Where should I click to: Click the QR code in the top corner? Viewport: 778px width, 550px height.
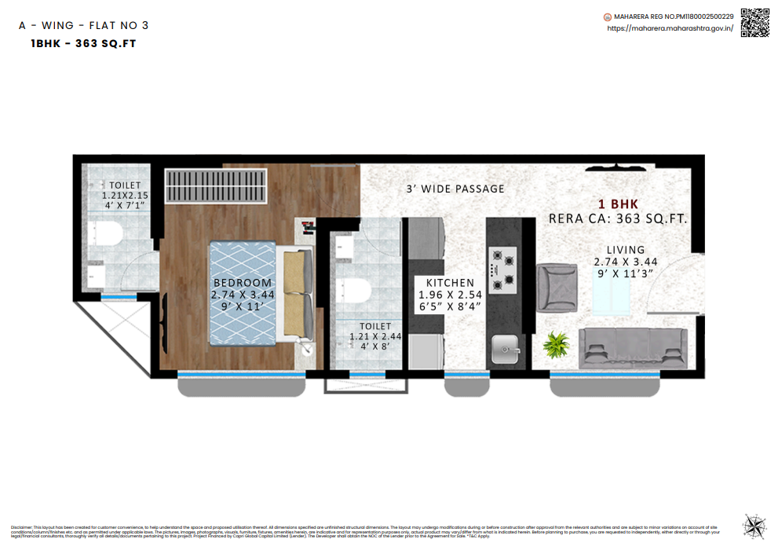[755, 22]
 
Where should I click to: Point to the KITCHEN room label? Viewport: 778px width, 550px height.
[450, 283]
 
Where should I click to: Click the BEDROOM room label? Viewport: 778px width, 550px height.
[243, 283]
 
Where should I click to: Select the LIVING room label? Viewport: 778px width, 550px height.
[625, 250]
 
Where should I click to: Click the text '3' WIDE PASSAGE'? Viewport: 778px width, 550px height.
[455, 189]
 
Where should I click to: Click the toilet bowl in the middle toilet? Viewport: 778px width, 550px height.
[357, 291]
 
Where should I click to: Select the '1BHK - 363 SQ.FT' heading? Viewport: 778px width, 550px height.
[83, 44]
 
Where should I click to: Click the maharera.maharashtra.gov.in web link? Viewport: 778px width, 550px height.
[670, 28]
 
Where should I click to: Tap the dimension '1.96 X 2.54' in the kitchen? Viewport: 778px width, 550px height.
[450, 295]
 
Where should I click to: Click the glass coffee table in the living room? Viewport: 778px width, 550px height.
[611, 291]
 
